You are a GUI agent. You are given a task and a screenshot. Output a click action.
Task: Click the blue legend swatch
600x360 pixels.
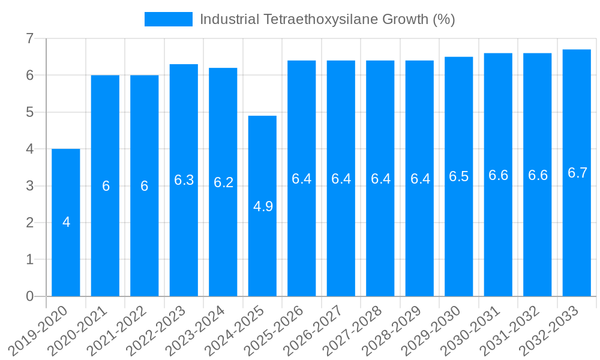(x=168, y=19)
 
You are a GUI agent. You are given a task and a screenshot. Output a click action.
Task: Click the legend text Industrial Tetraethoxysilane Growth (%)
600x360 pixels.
(x=327, y=19)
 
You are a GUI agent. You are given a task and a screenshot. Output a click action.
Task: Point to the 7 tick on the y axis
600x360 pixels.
(x=29, y=38)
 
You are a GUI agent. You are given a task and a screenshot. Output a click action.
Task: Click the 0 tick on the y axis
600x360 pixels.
(x=29, y=296)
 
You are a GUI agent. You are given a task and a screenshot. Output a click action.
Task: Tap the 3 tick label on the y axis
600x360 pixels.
(x=29, y=186)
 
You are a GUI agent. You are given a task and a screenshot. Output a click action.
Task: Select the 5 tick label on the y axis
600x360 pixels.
(x=29, y=112)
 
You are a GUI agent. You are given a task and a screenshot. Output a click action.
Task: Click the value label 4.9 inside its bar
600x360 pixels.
(x=263, y=206)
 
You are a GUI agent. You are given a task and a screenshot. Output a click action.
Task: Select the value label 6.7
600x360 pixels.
(x=577, y=173)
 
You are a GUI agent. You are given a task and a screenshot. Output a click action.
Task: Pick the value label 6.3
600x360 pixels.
(x=184, y=180)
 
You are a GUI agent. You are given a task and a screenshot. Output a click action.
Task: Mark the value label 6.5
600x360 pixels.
(x=459, y=176)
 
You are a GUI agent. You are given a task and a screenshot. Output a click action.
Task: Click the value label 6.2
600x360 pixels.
(x=223, y=182)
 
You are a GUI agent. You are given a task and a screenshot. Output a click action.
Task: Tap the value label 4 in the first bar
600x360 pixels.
(x=66, y=222)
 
